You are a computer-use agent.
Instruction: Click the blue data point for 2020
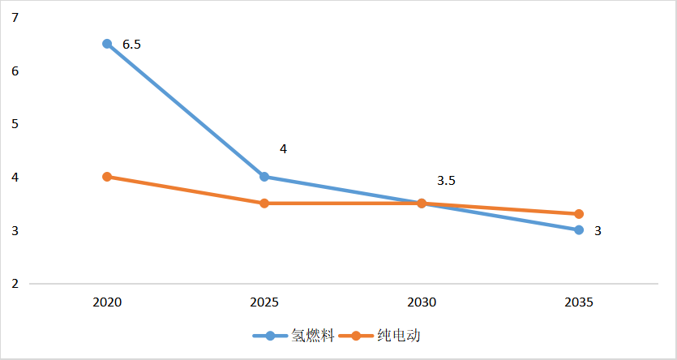click(x=107, y=44)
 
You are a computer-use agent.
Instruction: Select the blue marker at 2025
click(x=264, y=177)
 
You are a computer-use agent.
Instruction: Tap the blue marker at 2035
click(x=579, y=230)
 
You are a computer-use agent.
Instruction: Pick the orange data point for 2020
click(x=107, y=177)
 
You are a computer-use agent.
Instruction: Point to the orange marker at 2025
click(x=264, y=204)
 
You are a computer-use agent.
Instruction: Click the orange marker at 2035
click(x=579, y=214)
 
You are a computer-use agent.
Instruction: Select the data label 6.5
click(x=131, y=45)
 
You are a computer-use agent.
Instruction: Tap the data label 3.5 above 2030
click(x=447, y=181)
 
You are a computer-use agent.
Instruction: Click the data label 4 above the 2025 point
click(x=283, y=149)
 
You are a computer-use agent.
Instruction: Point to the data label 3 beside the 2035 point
click(x=598, y=231)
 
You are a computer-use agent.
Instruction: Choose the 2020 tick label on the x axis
click(x=107, y=302)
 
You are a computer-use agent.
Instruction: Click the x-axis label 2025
click(x=264, y=302)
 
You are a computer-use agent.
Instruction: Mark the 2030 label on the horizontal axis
click(x=422, y=302)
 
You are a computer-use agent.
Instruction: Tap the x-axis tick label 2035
click(x=579, y=302)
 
